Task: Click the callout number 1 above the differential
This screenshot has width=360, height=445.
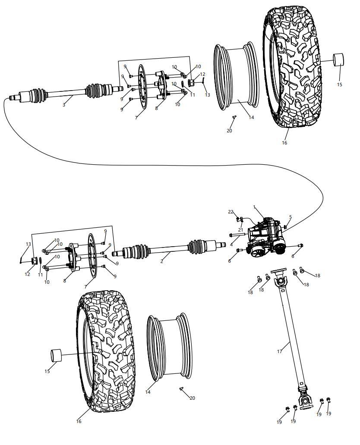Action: click(x=255, y=207)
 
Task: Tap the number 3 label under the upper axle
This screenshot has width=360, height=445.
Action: click(x=64, y=105)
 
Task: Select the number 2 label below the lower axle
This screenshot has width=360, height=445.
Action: click(x=162, y=261)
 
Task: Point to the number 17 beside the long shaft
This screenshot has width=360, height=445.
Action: click(x=279, y=351)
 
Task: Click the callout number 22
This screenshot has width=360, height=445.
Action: click(x=231, y=212)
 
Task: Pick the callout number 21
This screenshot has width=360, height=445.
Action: click(x=240, y=230)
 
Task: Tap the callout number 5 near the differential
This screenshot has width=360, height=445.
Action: click(x=291, y=217)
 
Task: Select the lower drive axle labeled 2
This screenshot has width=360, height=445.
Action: click(x=173, y=250)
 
